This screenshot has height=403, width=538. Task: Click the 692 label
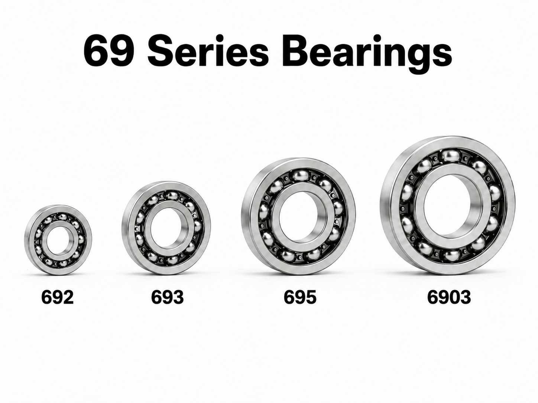tap(57, 297)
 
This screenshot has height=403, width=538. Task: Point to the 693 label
tap(168, 297)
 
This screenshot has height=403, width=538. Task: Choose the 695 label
tap(300, 297)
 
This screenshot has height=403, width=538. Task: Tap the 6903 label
tap(449, 297)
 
